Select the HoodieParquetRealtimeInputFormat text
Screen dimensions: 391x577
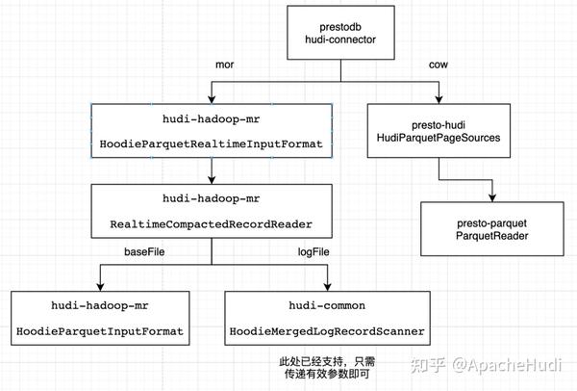point(211,143)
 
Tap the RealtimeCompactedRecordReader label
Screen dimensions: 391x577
point(212,223)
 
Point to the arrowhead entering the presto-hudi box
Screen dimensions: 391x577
point(439,100)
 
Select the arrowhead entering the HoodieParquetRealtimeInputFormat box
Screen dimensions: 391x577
point(211,100)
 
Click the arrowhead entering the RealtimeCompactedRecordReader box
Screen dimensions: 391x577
point(212,180)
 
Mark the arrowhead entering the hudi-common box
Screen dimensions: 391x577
point(328,286)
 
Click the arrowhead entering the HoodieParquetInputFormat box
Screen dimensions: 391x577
point(99,286)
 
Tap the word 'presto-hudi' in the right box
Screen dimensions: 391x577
point(439,122)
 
